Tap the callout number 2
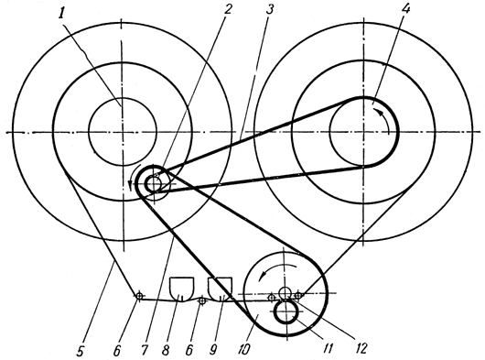pyautogui.click(x=227, y=9)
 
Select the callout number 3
pyautogui.click(x=269, y=9)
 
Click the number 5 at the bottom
pyautogui.click(x=81, y=351)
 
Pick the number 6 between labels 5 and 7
pyautogui.click(x=117, y=351)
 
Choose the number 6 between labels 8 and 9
pyautogui.click(x=189, y=351)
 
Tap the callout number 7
pyautogui.click(x=145, y=351)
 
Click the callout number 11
pyautogui.click(x=329, y=349)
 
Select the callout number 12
pyautogui.click(x=361, y=348)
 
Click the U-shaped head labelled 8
pyautogui.click(x=182, y=289)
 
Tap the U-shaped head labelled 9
pyautogui.click(x=220, y=289)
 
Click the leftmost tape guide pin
pyautogui.click(x=139, y=296)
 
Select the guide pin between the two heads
pyautogui.click(x=202, y=300)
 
